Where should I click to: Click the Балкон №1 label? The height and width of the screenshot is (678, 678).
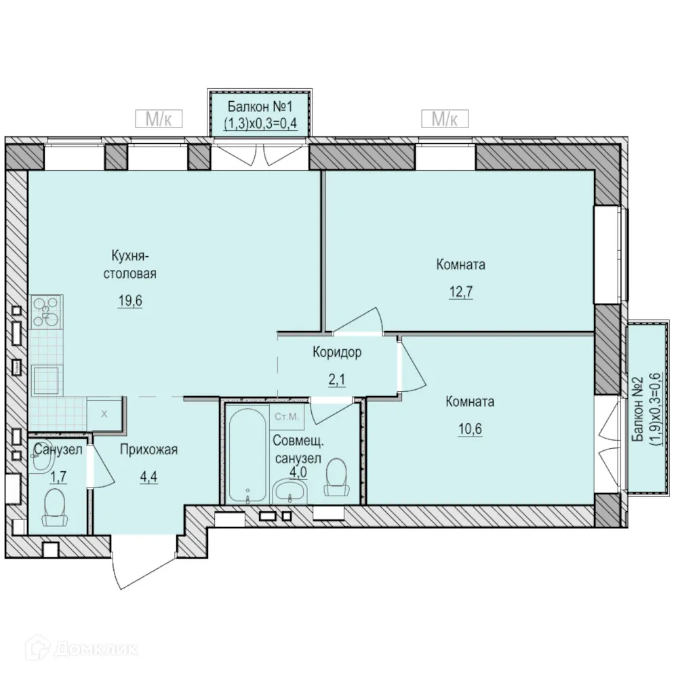click(260, 106)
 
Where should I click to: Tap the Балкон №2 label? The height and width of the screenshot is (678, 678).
click(638, 409)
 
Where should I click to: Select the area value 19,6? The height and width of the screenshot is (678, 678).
click(130, 300)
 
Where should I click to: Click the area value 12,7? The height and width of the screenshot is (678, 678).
click(461, 292)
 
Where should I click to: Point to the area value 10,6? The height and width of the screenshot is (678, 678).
click(470, 429)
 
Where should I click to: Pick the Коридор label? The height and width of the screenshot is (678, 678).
click(337, 353)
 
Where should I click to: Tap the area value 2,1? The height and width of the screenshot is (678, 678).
click(337, 380)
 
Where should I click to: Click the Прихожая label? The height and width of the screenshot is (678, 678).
click(148, 450)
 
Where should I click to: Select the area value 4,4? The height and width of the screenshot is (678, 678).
click(148, 477)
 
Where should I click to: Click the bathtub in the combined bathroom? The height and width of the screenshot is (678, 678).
click(247, 455)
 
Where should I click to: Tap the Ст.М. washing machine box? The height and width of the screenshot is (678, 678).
click(287, 417)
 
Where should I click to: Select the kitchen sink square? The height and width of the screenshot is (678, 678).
click(46, 380)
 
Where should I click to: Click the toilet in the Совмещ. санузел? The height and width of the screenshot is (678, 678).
click(337, 477)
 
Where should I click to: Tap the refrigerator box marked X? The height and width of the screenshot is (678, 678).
click(104, 414)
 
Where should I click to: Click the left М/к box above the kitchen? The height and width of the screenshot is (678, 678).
click(159, 119)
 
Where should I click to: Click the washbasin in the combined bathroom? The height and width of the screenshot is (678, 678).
click(290, 492)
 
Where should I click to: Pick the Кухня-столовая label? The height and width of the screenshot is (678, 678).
click(129, 264)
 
